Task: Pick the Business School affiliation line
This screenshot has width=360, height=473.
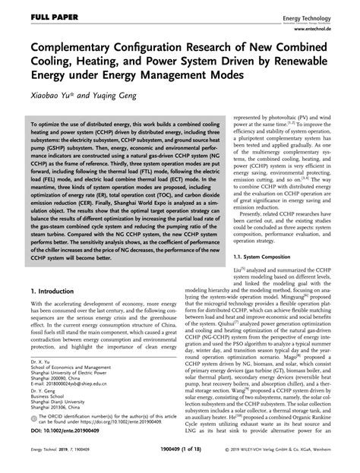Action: coord(48,396)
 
